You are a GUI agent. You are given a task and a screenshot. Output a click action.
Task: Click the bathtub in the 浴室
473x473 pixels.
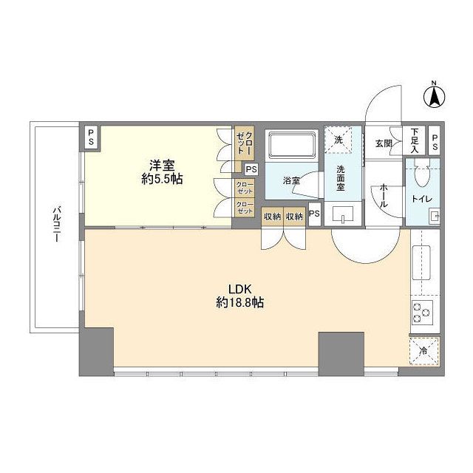(290, 144)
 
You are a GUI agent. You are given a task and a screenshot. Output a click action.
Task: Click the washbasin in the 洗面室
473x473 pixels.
(344, 216)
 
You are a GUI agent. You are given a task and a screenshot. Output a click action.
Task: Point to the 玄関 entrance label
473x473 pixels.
(383, 143)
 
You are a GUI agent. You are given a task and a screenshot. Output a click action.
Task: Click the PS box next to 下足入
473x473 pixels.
(435, 142)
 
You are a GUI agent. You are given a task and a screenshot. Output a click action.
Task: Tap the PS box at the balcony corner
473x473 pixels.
(91, 137)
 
